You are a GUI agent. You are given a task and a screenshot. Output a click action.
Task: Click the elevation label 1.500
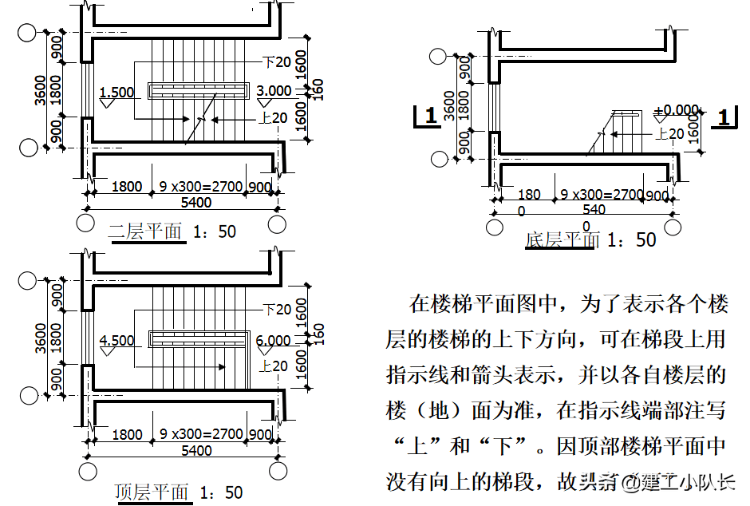(116, 92)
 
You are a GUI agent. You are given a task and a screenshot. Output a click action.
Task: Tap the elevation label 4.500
(116, 341)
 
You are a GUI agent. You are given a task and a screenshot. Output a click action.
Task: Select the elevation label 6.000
(274, 341)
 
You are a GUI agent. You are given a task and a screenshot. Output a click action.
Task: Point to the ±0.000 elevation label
(676, 110)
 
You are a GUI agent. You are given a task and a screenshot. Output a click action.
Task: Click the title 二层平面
(146, 231)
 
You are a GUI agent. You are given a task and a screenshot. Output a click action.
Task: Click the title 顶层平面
(152, 491)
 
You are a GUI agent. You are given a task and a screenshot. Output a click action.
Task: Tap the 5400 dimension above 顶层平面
(196, 450)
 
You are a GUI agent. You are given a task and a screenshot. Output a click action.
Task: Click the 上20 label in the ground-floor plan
(669, 134)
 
